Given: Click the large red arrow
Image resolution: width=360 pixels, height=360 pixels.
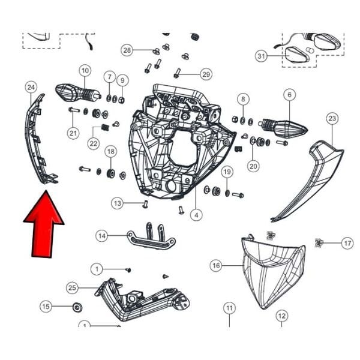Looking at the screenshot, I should (x=44, y=225).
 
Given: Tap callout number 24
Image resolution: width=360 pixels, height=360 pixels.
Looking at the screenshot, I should (x=31, y=88).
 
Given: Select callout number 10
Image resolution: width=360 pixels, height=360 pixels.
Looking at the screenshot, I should (x=84, y=70).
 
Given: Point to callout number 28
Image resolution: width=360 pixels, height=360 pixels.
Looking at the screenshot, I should (x=127, y=49).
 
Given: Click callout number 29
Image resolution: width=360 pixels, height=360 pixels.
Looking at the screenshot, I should (x=206, y=74).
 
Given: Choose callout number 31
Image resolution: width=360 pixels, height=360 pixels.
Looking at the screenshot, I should (x=261, y=56).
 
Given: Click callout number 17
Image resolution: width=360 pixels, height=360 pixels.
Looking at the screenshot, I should (x=347, y=243).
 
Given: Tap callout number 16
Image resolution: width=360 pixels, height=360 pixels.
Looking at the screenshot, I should (x=217, y=265).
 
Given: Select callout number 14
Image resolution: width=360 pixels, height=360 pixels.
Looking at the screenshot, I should (x=103, y=236).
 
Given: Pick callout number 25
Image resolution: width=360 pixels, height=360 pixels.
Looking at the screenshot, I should (x=73, y=289).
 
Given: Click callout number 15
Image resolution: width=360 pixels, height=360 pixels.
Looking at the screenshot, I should (x=46, y=307).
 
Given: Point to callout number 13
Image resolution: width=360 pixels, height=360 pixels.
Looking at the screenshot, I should (x=118, y=203).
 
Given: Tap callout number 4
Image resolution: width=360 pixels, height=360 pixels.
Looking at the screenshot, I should (x=196, y=214).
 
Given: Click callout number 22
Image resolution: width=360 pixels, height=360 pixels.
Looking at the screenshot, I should (x=94, y=143).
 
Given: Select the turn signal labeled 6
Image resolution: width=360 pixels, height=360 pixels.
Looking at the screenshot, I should (x=284, y=128).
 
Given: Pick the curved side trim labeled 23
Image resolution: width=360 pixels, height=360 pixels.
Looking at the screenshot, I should (x=309, y=176).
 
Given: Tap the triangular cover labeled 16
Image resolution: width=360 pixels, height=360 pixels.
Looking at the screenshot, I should (x=272, y=270).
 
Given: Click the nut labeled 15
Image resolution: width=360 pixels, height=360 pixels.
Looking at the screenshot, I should (x=77, y=308).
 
